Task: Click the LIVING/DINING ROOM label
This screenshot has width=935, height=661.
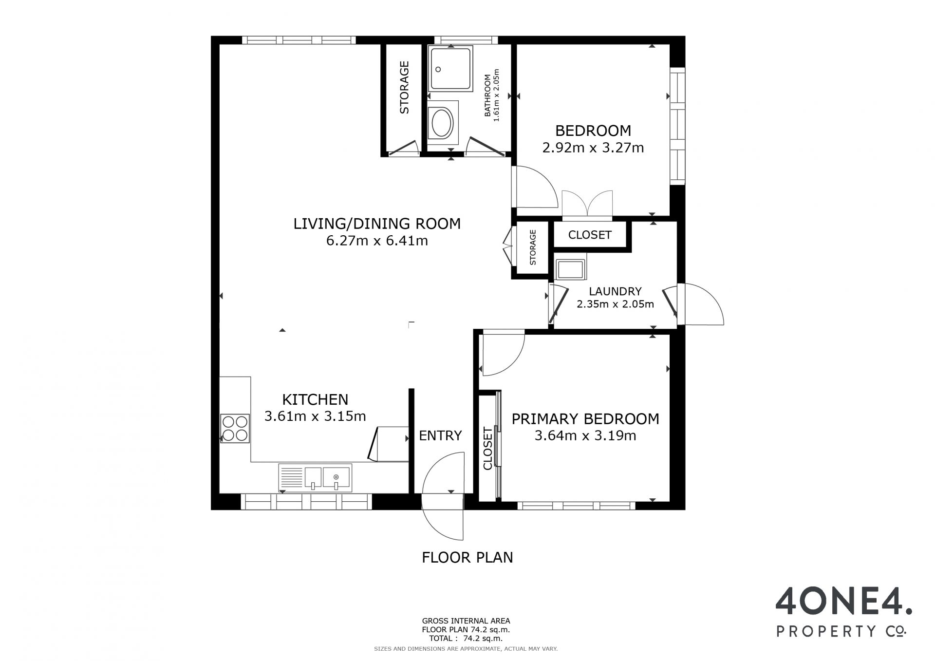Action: [377, 224]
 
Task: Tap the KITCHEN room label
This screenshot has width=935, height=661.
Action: [315, 399]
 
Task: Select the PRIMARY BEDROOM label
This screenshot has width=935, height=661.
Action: [585, 419]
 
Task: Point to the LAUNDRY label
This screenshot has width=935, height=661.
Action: [615, 291]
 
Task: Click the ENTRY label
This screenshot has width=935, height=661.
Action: [440, 435]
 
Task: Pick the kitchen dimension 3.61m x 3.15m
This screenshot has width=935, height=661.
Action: [315, 416]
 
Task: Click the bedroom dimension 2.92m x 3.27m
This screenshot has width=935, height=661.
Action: [593, 148]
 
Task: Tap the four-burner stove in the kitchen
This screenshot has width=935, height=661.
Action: [235, 428]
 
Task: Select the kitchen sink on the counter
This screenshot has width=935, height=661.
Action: [315, 477]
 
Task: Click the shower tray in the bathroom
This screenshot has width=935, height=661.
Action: [450, 69]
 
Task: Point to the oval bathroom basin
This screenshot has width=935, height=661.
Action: [443, 123]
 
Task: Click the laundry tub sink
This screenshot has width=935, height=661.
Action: [570, 269]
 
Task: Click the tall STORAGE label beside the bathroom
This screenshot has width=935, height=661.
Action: [404, 88]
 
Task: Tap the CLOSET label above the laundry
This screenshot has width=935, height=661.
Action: [590, 235]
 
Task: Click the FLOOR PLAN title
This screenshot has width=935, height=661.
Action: [467, 557]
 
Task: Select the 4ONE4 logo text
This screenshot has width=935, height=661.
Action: [843, 601]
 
